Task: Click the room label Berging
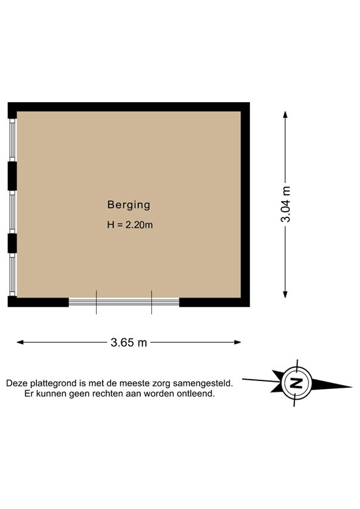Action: point(129,205)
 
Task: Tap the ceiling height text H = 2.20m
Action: point(130,225)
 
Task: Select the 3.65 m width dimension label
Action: point(129,343)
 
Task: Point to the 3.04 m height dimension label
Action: point(286,206)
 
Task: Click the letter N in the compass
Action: point(296,383)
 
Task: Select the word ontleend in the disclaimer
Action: point(196,394)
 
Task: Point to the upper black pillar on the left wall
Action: point(12,175)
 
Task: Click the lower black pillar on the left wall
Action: point(12,243)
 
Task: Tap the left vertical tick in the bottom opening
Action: point(97,302)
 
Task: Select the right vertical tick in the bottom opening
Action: point(152,302)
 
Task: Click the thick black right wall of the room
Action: point(245,205)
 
